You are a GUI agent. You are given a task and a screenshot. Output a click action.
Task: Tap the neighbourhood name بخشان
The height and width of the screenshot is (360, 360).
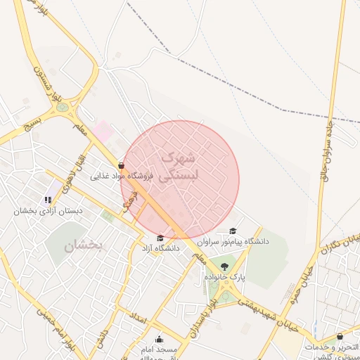tap(84, 246)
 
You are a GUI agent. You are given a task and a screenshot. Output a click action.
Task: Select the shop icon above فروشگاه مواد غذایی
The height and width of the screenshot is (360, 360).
tap(122, 166)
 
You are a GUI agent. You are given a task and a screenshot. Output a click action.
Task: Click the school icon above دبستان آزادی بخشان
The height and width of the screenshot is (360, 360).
tap(48, 200)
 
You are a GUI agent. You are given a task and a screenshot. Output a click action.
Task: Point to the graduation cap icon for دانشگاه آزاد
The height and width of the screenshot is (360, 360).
tap(161, 238)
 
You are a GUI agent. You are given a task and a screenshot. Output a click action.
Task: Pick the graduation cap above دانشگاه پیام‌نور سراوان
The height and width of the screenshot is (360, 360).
tap(233, 231)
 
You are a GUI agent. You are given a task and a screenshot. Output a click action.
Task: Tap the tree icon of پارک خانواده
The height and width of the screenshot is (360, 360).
tap(224, 266)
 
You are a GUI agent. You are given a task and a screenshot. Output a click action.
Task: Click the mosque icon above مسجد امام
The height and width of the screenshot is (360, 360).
tap(158, 339)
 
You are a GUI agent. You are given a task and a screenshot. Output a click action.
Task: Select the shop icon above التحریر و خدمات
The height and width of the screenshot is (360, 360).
tap(340, 337)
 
